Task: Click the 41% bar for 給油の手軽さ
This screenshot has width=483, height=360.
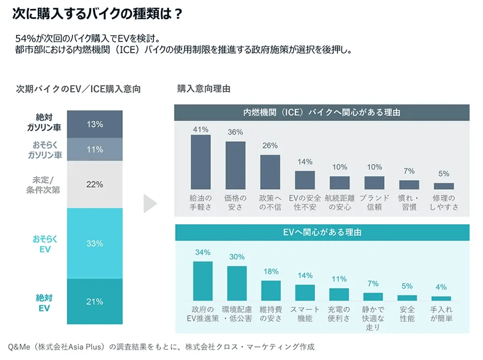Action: [x=201, y=162]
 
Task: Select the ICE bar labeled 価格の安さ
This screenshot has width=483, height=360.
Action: [x=235, y=166]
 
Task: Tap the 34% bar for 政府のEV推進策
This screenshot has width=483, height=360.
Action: [x=203, y=281]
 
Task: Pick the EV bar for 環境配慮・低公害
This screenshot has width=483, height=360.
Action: [x=237, y=283]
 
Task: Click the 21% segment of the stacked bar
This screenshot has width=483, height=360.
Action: [x=95, y=302]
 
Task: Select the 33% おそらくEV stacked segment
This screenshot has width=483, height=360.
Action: [x=95, y=243]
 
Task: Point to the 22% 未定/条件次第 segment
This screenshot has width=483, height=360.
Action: [x=95, y=185]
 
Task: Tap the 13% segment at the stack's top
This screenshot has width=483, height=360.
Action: [x=95, y=124]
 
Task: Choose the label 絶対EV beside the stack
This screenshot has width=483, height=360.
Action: [x=44, y=302]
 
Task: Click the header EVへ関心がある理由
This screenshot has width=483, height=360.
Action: [x=322, y=232]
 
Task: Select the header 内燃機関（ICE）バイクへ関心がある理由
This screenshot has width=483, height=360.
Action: [x=322, y=112]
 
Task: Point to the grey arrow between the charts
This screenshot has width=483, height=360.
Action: [x=149, y=204]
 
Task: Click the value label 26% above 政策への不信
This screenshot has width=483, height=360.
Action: [x=270, y=146]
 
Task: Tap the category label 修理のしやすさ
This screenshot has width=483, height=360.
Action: [x=443, y=202]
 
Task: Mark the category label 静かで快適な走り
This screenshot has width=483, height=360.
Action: [x=373, y=318]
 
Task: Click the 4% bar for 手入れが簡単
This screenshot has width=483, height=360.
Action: [x=441, y=298]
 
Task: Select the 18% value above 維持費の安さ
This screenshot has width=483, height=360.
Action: [x=270, y=271]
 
